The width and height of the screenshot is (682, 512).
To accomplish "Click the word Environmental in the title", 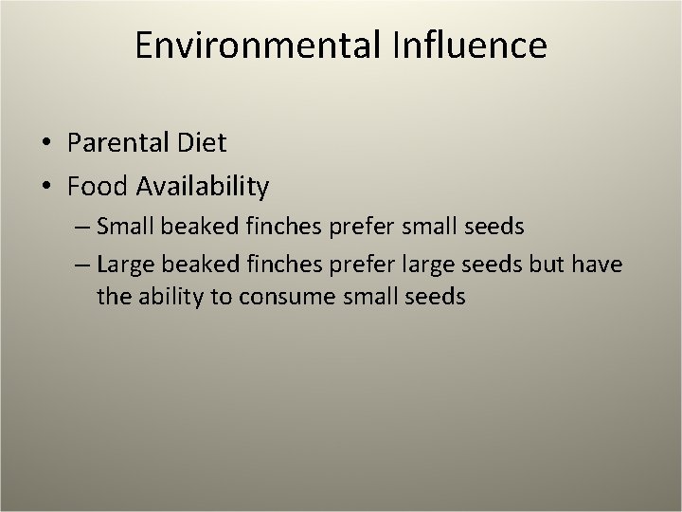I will pyautogui.click(x=257, y=46).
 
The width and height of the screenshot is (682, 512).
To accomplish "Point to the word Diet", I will pyautogui.click(x=202, y=143).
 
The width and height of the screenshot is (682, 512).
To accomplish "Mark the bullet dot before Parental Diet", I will pyautogui.click(x=46, y=144).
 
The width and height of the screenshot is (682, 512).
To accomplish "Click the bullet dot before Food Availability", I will pyautogui.click(x=46, y=188).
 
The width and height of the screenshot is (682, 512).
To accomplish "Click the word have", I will pyautogui.click(x=598, y=264).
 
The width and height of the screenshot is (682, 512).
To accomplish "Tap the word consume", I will pyautogui.click(x=279, y=298).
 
